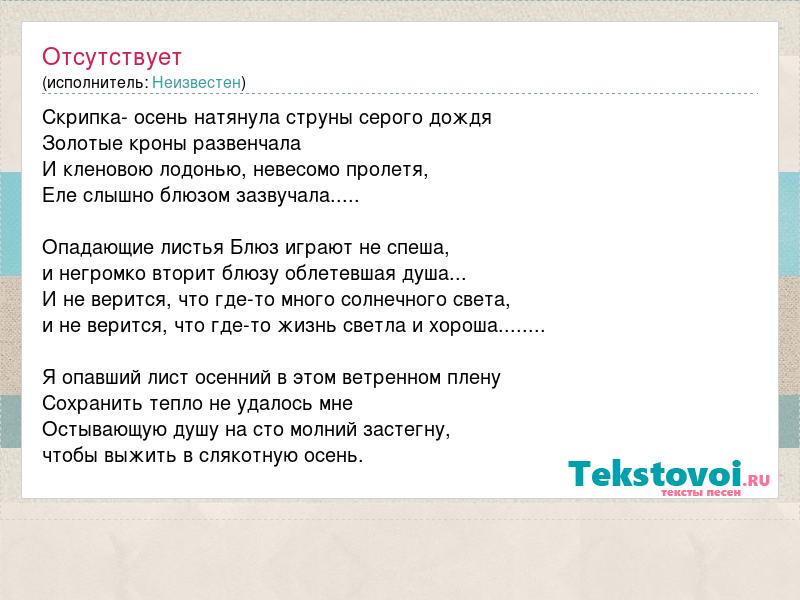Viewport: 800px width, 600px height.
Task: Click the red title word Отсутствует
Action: pyautogui.click(x=112, y=57)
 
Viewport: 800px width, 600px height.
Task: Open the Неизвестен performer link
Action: pyautogui.click(x=196, y=82)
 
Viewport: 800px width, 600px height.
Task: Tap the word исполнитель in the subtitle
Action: pyautogui.click(x=97, y=83)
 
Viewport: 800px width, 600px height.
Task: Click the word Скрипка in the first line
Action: pyautogui.click(x=83, y=118)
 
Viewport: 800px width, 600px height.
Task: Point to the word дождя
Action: pyautogui.click(x=460, y=119)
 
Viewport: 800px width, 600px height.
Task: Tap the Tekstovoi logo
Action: pyautogui.click(x=668, y=478)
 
